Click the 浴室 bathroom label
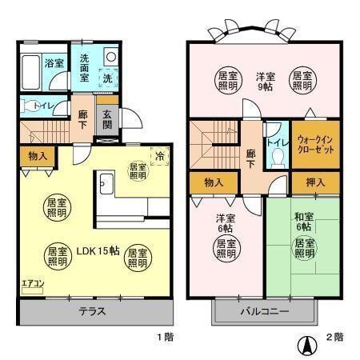(54, 63)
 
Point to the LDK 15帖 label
(98, 250)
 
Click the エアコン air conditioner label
(33, 282)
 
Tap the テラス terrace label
(94, 311)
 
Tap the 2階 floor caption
(334, 338)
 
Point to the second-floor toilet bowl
(276, 158)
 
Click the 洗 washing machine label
(107, 78)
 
